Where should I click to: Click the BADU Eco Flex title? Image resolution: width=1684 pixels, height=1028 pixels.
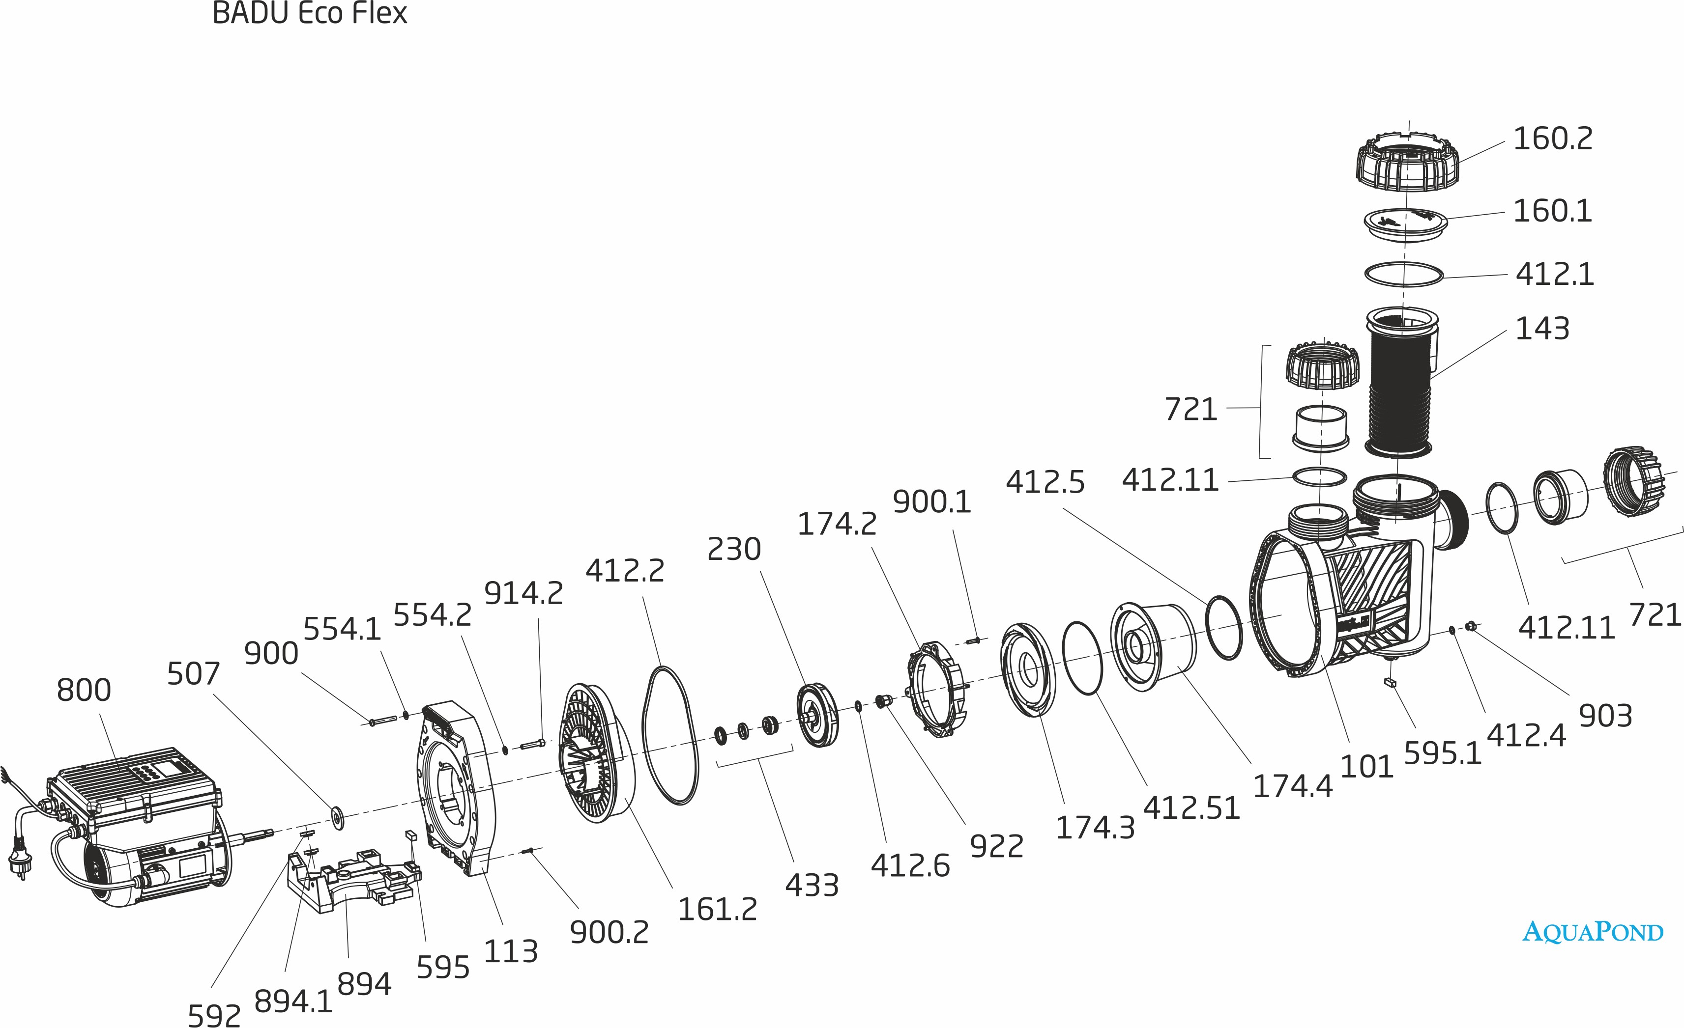(310, 13)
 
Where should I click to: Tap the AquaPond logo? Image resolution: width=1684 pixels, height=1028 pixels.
(1593, 932)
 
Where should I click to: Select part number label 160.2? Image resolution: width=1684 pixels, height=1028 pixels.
(1553, 139)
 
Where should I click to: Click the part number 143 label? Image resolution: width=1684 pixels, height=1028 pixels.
(1542, 329)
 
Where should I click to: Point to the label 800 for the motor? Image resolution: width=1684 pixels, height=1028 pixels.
(84, 690)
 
